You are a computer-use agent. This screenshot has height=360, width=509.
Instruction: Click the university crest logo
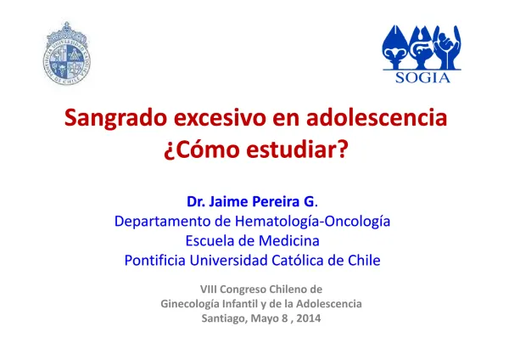click(67, 53)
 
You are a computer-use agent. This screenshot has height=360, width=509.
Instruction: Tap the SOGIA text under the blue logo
click(422, 78)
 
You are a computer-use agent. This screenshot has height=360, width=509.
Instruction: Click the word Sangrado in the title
click(115, 119)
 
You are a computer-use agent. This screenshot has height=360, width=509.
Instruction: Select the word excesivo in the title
click(220, 118)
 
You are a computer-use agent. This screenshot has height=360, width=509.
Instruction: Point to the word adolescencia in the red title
click(377, 117)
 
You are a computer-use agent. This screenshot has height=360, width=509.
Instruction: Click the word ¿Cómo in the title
click(202, 150)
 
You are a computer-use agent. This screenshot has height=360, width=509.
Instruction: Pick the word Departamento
click(163, 222)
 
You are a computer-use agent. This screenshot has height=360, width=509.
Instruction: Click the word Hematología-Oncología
click(312, 222)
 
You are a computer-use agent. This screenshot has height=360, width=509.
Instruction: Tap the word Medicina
click(289, 241)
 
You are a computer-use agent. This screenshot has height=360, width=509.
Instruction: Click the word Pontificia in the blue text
click(155, 261)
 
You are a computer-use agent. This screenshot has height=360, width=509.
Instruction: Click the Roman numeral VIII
click(209, 290)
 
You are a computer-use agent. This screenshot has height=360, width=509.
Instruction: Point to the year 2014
click(309, 318)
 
